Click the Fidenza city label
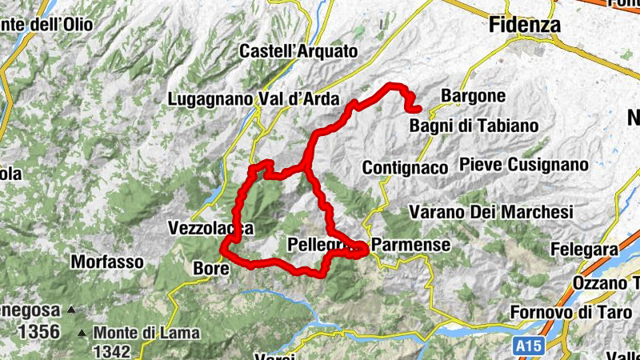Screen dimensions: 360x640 [524, 25]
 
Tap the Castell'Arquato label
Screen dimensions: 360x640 [298, 51]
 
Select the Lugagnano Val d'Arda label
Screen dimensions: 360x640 [254, 100]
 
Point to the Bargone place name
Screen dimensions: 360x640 [473, 96]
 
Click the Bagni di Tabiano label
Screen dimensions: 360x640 [474, 126]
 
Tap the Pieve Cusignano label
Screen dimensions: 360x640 [524, 164]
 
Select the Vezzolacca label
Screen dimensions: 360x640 [211, 228]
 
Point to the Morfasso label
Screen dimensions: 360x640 [107, 262]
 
